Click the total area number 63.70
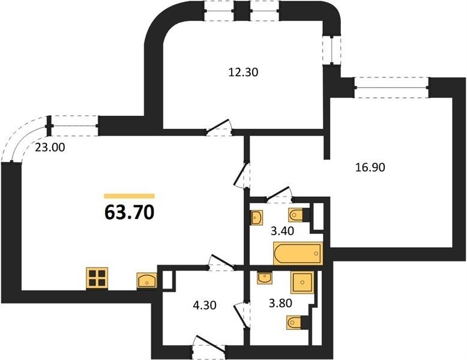[x=129, y=212]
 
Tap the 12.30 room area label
[x=243, y=72]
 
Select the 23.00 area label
[x=50, y=147]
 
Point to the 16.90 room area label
[x=370, y=167]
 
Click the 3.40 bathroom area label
[x=282, y=231]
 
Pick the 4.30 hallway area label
[x=204, y=305]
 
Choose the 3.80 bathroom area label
[x=280, y=303]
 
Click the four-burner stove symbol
[x=97, y=278]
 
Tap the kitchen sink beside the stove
[x=147, y=280]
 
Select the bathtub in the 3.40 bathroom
[x=298, y=254]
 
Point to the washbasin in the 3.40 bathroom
[x=257, y=217]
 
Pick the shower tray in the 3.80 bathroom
[x=303, y=282]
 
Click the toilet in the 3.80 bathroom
[x=297, y=322]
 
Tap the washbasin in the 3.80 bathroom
[x=265, y=278]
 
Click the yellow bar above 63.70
[x=129, y=196]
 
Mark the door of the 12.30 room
[x=219, y=128]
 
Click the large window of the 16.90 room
[x=391, y=88]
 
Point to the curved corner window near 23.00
[x=25, y=139]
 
